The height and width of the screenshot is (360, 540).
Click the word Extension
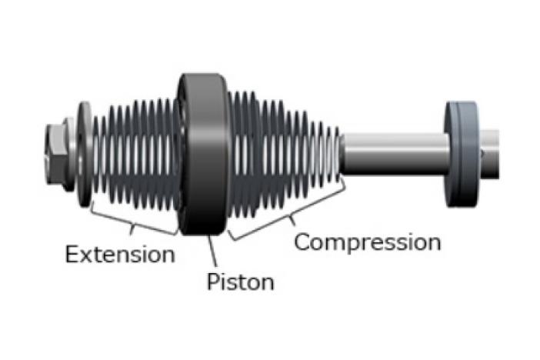point(119,254)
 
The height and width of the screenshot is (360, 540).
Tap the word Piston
point(240,282)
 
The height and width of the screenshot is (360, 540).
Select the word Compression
point(368,242)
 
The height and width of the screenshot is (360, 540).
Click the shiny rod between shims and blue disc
point(392,152)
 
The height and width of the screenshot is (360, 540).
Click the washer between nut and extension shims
point(83,152)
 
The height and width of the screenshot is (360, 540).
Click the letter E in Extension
point(72,254)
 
